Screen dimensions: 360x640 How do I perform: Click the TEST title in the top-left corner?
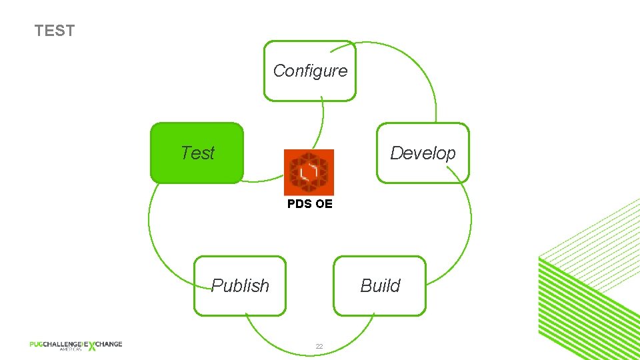click(x=55, y=31)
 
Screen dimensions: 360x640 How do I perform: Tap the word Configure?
click(x=310, y=71)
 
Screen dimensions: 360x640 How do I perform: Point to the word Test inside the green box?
click(x=197, y=153)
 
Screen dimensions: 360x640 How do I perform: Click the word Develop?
click(x=423, y=153)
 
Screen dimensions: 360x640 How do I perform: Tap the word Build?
click(x=380, y=285)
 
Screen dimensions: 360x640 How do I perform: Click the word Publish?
click(x=240, y=285)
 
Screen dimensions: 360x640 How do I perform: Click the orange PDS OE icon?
click(x=309, y=172)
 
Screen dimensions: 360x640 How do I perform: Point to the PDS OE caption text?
click(x=309, y=204)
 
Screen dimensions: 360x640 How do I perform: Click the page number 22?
click(x=319, y=346)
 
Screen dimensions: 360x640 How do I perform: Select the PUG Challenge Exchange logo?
click(x=75, y=345)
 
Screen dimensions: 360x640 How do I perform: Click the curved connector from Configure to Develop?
click(x=420, y=67)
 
